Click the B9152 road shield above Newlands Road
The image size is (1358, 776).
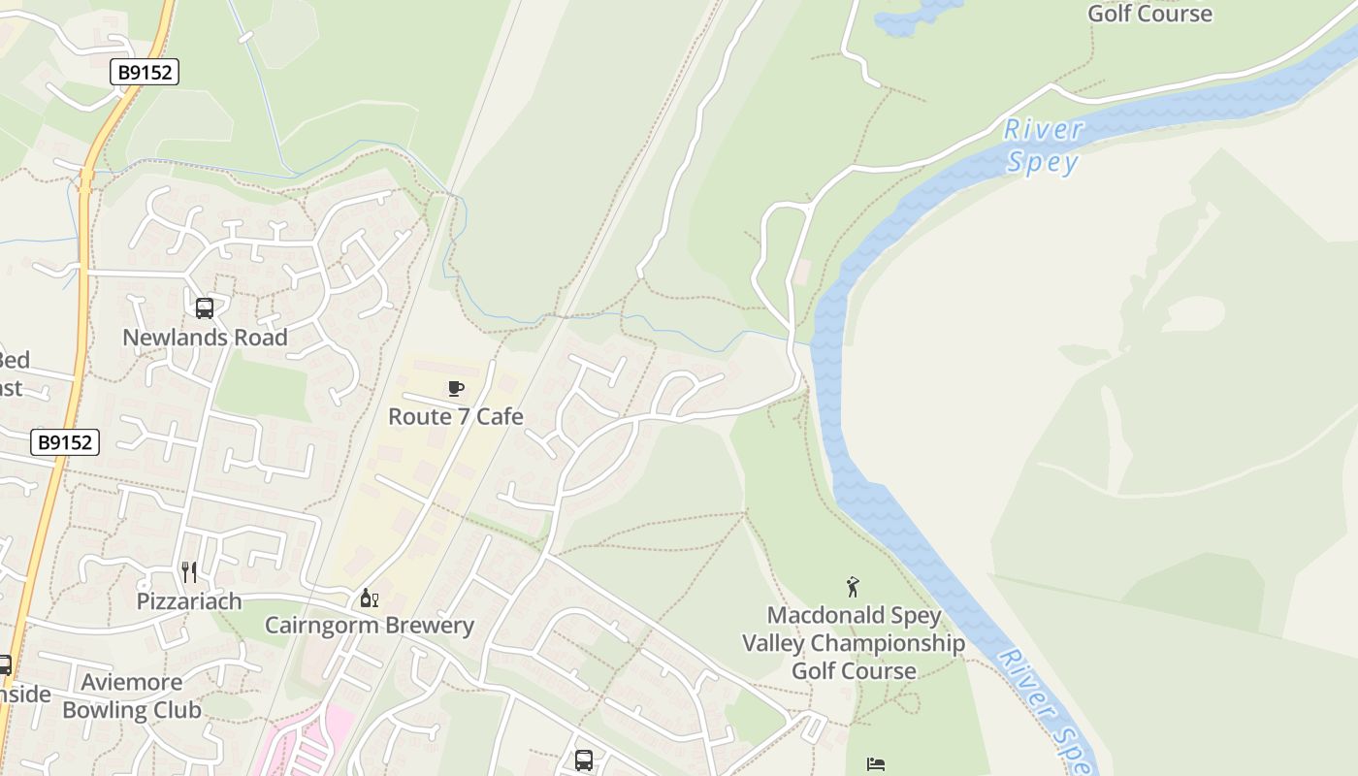pyautogui.click(x=144, y=72)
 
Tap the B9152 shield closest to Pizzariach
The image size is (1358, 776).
pyautogui.click(x=65, y=442)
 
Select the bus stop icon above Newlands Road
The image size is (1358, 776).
pyautogui.click(x=205, y=308)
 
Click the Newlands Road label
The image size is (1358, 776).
pyautogui.click(x=205, y=338)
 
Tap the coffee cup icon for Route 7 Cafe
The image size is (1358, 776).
pyautogui.click(x=456, y=389)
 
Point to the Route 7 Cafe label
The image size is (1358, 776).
pyautogui.click(x=456, y=417)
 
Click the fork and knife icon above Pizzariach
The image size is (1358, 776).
pyautogui.click(x=189, y=572)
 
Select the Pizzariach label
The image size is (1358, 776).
pyautogui.click(x=189, y=601)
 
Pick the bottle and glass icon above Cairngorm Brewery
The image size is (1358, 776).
pyautogui.click(x=369, y=598)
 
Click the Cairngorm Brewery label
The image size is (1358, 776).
pyautogui.click(x=370, y=626)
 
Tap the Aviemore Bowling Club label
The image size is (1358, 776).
pyautogui.click(x=132, y=696)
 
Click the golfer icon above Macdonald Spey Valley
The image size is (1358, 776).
pyautogui.click(x=853, y=587)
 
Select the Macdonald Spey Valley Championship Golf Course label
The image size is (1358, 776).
pyautogui.click(x=854, y=643)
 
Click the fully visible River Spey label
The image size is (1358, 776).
pyautogui.click(x=1043, y=145)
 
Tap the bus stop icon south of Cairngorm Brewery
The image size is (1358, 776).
pyautogui.click(x=583, y=760)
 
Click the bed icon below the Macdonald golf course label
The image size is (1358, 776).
pyautogui.click(x=876, y=764)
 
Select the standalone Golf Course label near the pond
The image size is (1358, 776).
pyautogui.click(x=1149, y=14)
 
